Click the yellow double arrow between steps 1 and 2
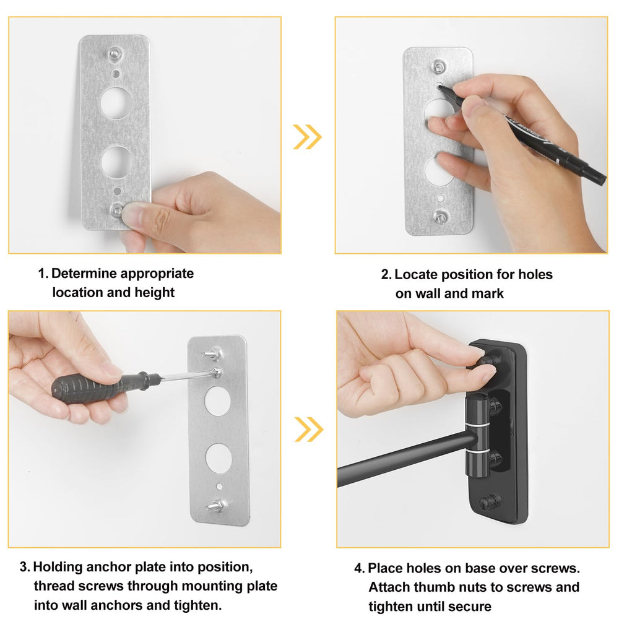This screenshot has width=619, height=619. (307, 137)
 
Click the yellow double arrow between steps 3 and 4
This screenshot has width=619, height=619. (309, 429)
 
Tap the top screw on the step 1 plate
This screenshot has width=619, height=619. (115, 54)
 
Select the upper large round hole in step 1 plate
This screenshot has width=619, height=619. (116, 103)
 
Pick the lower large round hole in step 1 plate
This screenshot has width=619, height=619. (116, 162)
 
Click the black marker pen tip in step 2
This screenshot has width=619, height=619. (439, 87)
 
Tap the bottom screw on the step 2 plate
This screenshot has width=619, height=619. (439, 217)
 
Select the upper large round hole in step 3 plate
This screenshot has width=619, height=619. (217, 400)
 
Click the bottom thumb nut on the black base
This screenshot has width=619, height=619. (490, 502)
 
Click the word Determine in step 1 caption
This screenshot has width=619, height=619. (84, 273)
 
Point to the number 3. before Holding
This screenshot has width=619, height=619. (25, 567)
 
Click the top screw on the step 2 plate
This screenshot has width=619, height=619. (438, 67)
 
